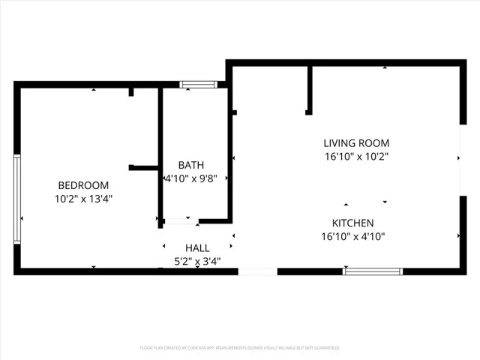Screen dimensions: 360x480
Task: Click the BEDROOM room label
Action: [83, 185]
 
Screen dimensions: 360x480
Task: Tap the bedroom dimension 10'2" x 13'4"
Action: [83, 199]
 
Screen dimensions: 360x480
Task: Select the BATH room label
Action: [190, 165]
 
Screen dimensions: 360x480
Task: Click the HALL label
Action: [197, 247]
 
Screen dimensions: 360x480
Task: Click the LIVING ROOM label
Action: [356, 143]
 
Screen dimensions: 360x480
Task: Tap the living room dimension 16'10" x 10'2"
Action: [356, 157]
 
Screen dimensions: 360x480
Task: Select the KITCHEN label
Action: [352, 223]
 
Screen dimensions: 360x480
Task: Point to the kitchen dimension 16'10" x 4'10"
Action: [352, 236]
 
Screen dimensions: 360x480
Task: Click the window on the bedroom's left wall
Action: [17, 199]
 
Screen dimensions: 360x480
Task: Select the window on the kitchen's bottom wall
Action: [372, 271]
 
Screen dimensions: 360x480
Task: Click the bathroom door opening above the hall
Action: [181, 221]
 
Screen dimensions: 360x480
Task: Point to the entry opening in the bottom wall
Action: [258, 271]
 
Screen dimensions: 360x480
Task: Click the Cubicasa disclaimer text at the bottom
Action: [240, 348]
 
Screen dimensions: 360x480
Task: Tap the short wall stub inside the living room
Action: [309, 90]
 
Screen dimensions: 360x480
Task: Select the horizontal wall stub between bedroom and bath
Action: [142, 168]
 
